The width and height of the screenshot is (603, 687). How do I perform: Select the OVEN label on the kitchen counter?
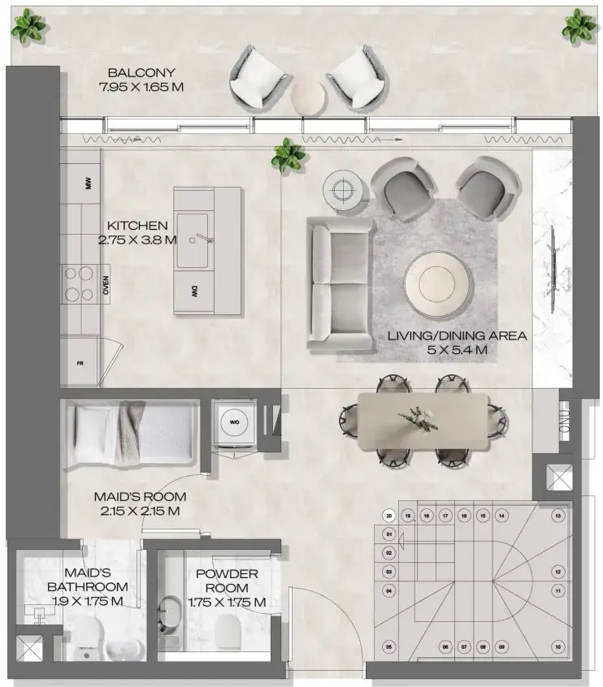(x=106, y=285)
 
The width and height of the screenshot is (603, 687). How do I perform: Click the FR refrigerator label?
(x=80, y=364)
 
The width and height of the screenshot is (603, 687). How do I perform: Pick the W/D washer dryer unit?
(x=234, y=421)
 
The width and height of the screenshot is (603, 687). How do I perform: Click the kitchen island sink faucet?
(x=203, y=239)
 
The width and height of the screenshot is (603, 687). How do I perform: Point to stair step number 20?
(x=389, y=516)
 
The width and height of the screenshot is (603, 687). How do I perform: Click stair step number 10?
(x=557, y=647)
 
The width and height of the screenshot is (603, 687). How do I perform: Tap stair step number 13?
(x=557, y=516)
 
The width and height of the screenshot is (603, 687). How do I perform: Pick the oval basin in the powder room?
(x=171, y=613)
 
